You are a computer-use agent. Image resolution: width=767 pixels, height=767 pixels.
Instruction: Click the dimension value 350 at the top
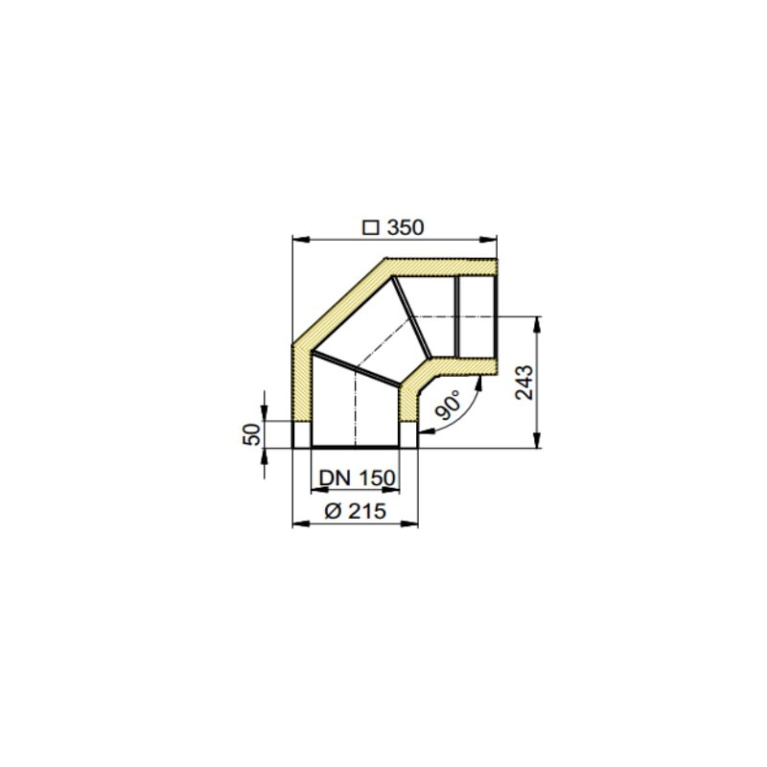(x=405, y=228)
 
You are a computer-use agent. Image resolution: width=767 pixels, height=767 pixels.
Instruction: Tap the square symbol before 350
(x=369, y=228)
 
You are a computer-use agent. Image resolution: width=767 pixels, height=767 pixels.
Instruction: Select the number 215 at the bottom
(x=367, y=512)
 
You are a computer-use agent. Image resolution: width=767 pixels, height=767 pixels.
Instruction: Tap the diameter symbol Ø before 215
(x=331, y=512)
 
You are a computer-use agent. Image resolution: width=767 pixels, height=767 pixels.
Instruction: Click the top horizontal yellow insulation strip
(x=441, y=267)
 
